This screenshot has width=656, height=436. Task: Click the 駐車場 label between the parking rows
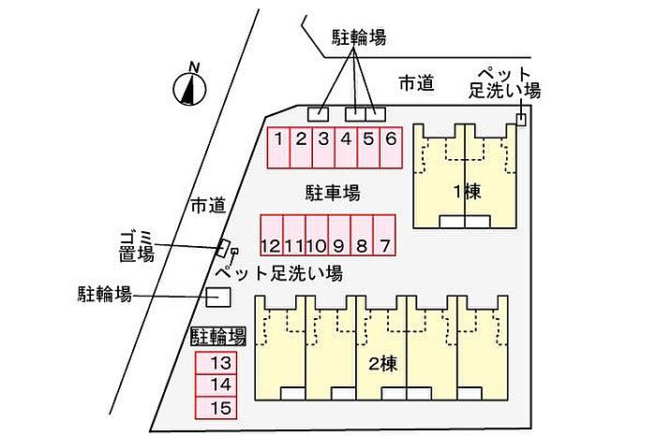click(333, 193)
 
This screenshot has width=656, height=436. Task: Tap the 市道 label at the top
click(416, 83)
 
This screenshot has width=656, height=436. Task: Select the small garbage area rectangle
click(225, 249)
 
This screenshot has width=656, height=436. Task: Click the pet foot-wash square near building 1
click(521, 118)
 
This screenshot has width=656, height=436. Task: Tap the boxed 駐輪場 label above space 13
click(218, 337)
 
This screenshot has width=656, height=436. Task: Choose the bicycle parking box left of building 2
click(217, 297)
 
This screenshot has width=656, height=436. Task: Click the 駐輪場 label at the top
click(359, 37)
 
